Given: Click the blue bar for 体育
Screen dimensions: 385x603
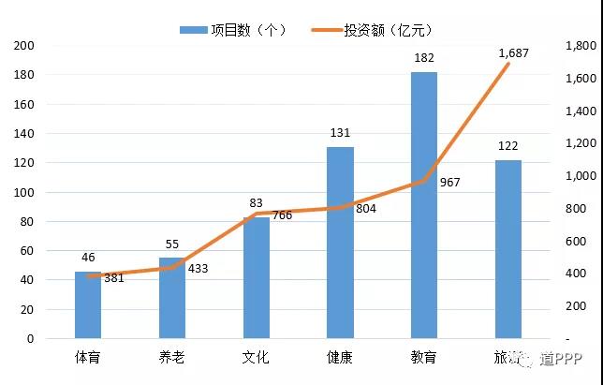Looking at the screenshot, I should coord(88,305).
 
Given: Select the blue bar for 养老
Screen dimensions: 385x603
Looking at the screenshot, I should coord(172,298).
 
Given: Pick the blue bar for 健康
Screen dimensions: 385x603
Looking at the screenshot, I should coord(340,243).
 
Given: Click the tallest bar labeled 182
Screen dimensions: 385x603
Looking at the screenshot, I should coord(424,205).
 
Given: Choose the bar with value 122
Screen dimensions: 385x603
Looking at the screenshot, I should coord(507,249).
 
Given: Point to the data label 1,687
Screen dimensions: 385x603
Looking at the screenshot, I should coord(513,53).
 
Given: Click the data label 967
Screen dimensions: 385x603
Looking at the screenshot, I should coord(450,183).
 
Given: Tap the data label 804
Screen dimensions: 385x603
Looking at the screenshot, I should coord(366,208).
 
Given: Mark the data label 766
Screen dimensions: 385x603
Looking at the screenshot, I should coord(281,215).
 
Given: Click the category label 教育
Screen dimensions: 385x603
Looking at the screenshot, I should coord(424,357).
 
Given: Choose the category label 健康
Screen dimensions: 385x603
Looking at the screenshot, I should coord(340,357).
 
